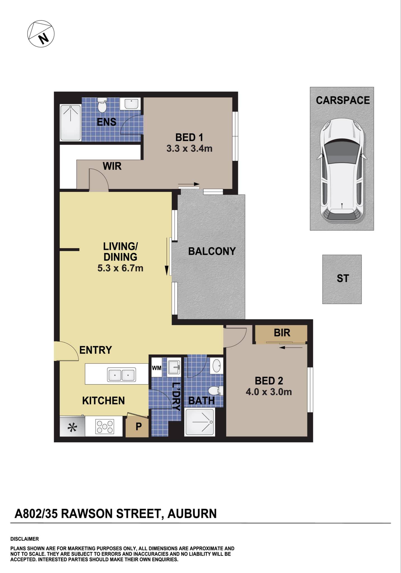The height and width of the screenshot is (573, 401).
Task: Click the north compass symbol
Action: [41, 34]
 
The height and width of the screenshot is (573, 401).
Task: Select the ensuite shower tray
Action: [71, 122]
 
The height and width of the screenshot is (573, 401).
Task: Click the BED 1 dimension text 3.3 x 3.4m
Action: [189, 149]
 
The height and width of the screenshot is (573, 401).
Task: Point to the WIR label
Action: [112, 166]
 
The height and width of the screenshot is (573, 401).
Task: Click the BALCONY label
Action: [212, 251]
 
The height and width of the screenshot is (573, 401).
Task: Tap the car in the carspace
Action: [342, 170]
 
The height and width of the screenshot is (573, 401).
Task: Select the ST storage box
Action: [342, 279]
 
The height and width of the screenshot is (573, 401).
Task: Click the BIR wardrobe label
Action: [282, 333]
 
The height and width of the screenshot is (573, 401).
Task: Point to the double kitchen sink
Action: [121, 374]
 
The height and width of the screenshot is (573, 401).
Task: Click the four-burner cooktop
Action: [105, 426]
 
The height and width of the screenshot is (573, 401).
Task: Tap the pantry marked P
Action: [138, 427]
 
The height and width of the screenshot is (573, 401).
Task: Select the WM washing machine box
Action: [156, 368]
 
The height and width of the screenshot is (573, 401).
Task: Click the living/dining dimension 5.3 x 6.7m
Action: [120, 268]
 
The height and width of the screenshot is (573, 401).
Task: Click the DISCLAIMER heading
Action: [25, 539]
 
